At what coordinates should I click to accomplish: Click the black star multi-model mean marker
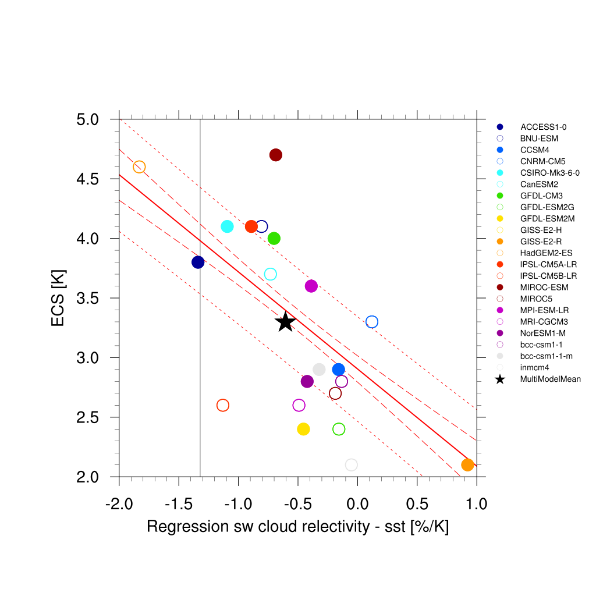click(285, 321)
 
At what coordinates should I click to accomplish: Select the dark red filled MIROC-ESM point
click(276, 155)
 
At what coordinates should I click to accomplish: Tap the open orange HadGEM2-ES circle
click(139, 167)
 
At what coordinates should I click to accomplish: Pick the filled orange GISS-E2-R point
click(467, 464)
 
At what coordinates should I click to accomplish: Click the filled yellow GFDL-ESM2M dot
click(303, 429)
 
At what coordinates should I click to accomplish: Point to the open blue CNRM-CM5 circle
click(372, 322)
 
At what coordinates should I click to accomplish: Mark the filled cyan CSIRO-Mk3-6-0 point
click(228, 226)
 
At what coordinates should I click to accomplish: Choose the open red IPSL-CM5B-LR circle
click(222, 405)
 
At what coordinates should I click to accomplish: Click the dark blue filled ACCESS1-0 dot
click(198, 262)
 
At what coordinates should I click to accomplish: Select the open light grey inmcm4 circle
click(351, 464)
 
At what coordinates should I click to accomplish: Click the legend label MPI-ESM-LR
click(544, 310)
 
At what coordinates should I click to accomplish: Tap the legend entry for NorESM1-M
click(543, 333)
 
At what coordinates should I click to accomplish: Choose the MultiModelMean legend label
click(550, 379)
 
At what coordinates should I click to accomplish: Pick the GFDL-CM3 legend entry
click(541, 196)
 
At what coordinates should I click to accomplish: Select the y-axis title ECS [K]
click(58, 297)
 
